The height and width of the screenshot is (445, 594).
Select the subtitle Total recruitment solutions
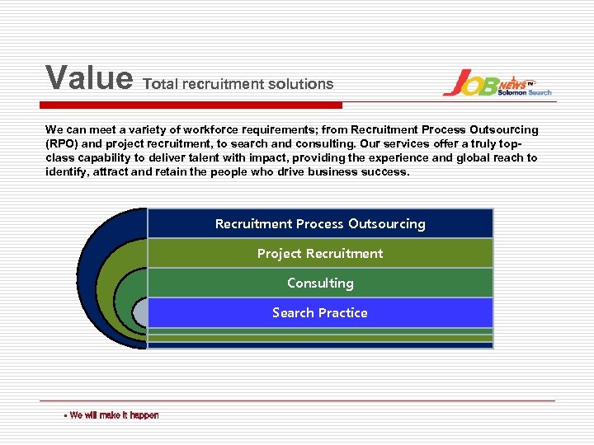pos(238,84)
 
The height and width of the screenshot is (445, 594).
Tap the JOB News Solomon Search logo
pos(497,83)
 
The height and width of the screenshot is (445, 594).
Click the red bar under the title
pos(194,105)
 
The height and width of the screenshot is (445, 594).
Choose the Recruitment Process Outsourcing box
pos(320,224)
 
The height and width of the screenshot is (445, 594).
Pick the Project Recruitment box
pos(320,254)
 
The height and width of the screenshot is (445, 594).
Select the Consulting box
pos(320,283)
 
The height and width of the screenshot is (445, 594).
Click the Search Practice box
pos(320,313)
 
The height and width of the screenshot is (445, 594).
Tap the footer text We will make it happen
pos(114,415)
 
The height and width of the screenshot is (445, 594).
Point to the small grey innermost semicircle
pos(141,312)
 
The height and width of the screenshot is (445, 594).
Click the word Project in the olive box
pos(280,254)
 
